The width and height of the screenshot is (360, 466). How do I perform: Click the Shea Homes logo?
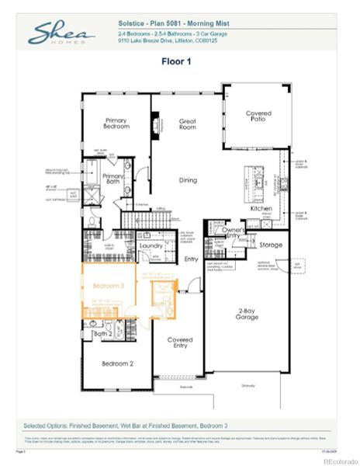pyautogui.click(x=62, y=33)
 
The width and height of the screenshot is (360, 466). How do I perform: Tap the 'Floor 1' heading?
pyautogui.click(x=179, y=61)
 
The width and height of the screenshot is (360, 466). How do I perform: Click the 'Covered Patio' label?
pyautogui.click(x=258, y=117)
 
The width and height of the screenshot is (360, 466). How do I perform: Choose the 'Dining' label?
pyautogui.click(x=188, y=180)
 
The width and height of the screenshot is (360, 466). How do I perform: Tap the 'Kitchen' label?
pyautogui.click(x=260, y=209)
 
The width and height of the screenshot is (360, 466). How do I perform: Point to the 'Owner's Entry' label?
pyautogui.click(x=234, y=233)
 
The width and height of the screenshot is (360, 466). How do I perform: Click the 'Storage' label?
pyautogui.click(x=271, y=245)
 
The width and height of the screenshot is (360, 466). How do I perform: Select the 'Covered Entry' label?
pyautogui.click(x=180, y=343)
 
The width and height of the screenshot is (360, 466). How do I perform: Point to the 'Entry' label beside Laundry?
pyautogui.click(x=192, y=259)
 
